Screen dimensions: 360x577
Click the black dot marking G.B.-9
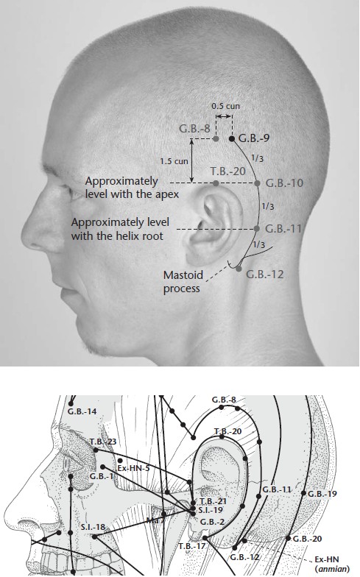tap(232, 138)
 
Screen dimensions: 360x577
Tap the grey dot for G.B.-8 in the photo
tap(216, 138)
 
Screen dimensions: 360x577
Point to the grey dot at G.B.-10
tap(258, 183)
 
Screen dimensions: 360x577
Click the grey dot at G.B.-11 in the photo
tap(257, 229)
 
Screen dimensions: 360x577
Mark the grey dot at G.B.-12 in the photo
tap(239, 269)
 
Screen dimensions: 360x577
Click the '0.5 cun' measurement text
tap(225, 106)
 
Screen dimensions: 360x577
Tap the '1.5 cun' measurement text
tap(174, 161)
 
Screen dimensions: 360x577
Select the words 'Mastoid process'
tap(183, 281)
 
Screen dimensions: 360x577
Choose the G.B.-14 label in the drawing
tap(82, 411)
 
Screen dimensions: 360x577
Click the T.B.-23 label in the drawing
tap(103, 442)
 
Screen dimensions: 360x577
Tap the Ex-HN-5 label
tap(134, 468)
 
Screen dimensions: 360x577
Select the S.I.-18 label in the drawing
tap(93, 527)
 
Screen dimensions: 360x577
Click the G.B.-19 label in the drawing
tap(322, 494)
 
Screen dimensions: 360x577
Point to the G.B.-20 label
tap(308, 539)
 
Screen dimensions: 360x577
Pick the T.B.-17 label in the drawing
tap(192, 546)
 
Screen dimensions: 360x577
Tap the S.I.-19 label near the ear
tap(211, 511)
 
